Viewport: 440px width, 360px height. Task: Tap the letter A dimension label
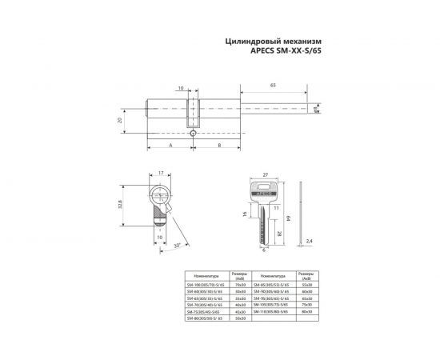171,146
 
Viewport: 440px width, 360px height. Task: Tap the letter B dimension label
219,146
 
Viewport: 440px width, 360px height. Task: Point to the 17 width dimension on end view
161,174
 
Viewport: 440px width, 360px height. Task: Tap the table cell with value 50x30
240,318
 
